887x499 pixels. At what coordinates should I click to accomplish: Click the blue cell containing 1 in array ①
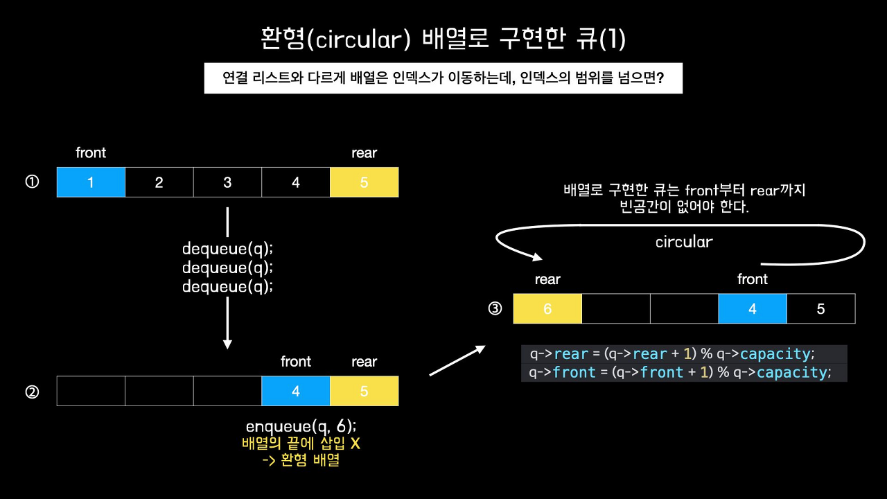pos(91,182)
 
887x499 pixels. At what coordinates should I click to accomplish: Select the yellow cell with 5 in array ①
pos(365,182)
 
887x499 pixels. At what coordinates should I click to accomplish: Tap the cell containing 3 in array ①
pos(227,182)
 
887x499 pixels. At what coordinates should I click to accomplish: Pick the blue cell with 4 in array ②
pos(296,391)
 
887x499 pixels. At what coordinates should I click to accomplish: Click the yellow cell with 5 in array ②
pos(365,391)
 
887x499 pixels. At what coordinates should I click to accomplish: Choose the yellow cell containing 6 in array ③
pos(547,308)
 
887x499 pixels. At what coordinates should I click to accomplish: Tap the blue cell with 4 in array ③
pos(753,308)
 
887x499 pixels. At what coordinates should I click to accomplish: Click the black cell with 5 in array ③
pos(821,308)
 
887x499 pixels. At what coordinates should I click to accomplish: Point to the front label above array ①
pos(91,152)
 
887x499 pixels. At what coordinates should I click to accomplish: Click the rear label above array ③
pos(547,279)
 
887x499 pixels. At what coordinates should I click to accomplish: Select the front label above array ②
pos(296,362)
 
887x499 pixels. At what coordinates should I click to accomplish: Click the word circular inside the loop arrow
pos(684,242)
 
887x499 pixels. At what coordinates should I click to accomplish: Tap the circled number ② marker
pos(32,392)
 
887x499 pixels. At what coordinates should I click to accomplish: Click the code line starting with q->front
pos(679,373)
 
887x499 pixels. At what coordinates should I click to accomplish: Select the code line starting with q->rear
pos(670,354)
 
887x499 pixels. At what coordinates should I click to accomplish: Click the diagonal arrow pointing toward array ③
pos(457,360)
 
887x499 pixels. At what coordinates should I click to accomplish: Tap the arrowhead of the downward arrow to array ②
pos(227,343)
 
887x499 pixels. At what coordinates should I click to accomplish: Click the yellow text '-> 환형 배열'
pos(301,460)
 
